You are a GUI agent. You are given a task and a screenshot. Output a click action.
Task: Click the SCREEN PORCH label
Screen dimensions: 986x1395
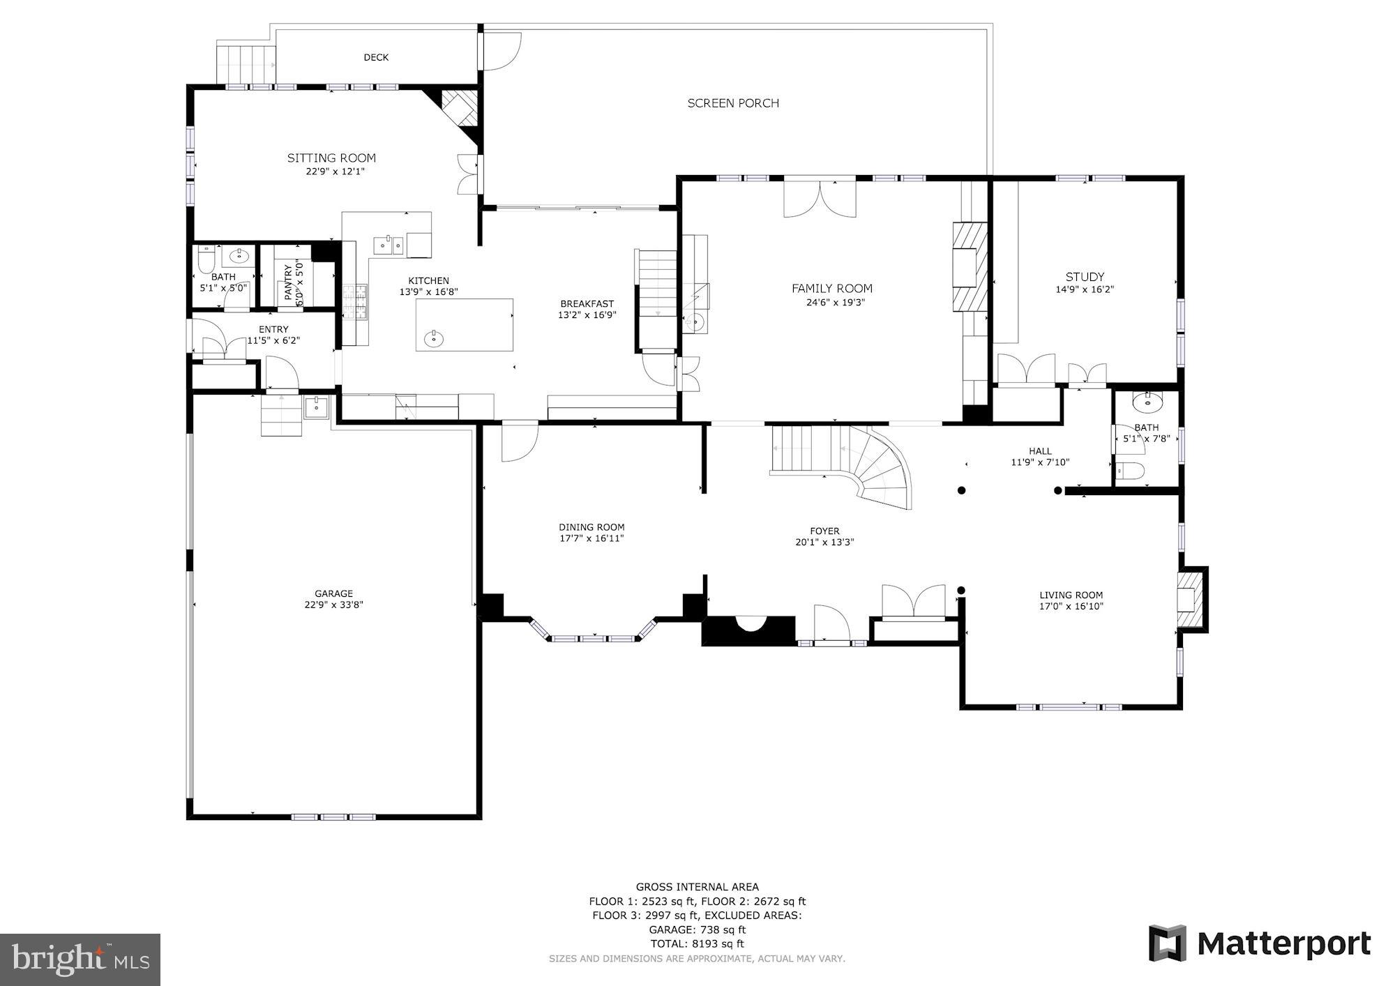[x=733, y=103]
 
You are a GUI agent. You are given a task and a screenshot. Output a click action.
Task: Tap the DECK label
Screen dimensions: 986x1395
[x=376, y=57]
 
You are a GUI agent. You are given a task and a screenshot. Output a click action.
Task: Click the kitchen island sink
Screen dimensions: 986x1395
[x=433, y=340]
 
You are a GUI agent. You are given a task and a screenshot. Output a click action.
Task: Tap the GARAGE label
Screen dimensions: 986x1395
[x=333, y=593]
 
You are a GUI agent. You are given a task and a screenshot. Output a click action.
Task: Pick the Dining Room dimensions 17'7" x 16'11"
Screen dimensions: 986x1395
[x=591, y=538]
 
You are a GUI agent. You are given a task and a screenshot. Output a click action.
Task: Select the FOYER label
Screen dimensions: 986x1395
[x=824, y=531]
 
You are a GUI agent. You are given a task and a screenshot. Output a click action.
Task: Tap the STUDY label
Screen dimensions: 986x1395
[x=1085, y=277]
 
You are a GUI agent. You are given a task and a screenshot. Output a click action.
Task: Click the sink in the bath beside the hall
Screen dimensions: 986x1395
[x=1147, y=402]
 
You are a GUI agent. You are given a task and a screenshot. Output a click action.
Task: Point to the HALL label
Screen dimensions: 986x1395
[x=1040, y=451]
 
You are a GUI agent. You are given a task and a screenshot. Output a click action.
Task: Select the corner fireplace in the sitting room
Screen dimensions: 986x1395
[x=460, y=108]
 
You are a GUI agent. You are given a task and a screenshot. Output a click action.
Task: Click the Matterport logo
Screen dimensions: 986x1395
[x=1260, y=943]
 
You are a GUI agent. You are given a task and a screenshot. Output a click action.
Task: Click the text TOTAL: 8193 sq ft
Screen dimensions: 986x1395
[x=697, y=943]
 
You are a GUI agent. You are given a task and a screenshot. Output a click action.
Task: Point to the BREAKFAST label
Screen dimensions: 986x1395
[x=587, y=303]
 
